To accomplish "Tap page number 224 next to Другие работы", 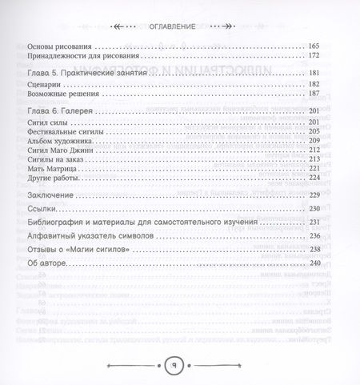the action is tap(313, 199).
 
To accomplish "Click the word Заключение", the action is tap(50, 219).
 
